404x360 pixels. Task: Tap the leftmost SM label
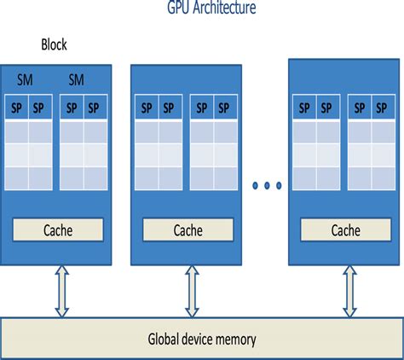[26, 79]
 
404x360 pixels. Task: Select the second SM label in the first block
[76, 79]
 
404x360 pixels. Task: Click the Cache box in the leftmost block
[58, 229]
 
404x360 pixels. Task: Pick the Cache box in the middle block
[188, 230]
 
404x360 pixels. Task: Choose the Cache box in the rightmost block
[345, 230]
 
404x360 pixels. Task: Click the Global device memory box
[201, 340]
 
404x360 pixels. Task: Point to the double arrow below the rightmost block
[349, 291]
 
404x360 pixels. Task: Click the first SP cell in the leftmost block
[17, 108]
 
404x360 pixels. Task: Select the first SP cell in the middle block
[147, 108]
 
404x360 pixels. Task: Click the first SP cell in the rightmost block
[303, 108]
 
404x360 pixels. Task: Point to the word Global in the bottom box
[164, 340]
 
